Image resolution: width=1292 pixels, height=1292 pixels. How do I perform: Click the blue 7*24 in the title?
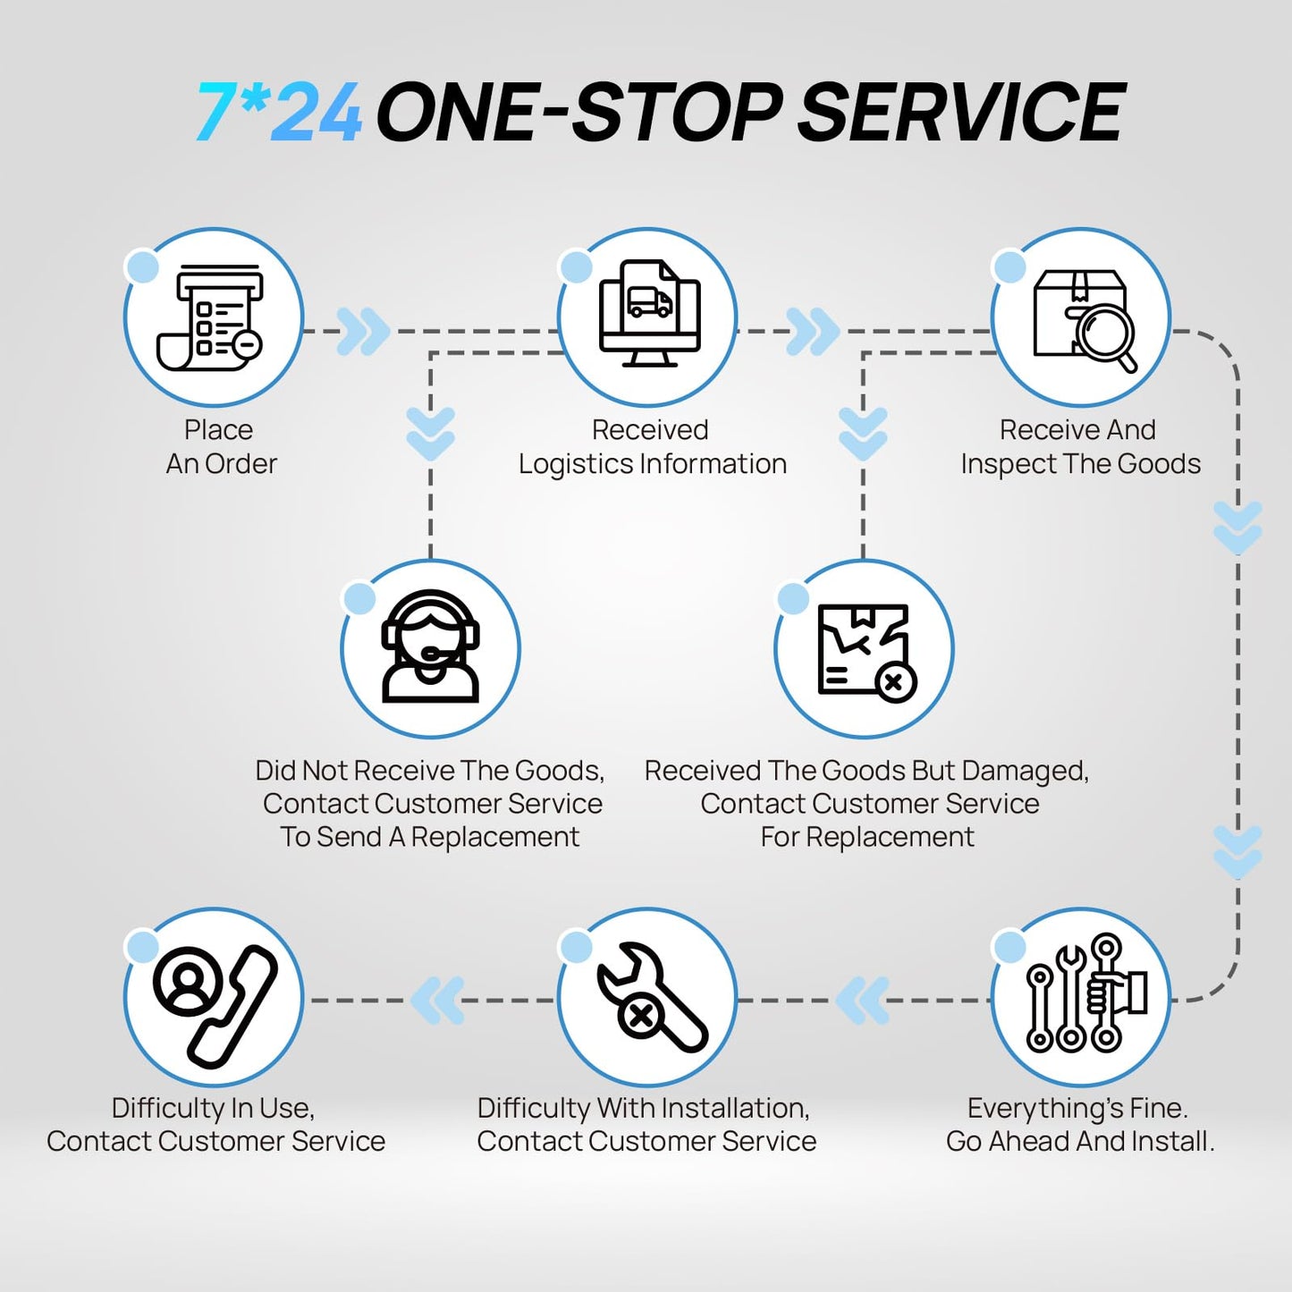coord(279,111)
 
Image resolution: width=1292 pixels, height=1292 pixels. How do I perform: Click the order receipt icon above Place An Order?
coord(210,317)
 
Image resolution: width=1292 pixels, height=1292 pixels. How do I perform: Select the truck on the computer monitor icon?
coord(649,301)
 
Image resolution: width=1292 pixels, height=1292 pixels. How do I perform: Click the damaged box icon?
coord(867,653)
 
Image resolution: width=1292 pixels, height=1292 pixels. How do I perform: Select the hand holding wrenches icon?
coord(1086,993)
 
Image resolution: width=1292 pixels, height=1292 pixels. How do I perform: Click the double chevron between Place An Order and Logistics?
coord(363,331)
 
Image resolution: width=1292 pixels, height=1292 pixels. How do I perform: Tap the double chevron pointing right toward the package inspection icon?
coord(813,331)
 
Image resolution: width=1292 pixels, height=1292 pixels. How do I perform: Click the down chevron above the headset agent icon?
coord(430,434)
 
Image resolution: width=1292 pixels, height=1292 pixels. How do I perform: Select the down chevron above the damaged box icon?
coord(863,434)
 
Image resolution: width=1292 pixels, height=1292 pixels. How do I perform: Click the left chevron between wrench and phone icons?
coord(437,1001)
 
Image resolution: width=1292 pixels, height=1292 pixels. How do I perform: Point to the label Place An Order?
coord(221,446)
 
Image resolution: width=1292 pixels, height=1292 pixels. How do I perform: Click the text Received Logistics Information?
coord(652,446)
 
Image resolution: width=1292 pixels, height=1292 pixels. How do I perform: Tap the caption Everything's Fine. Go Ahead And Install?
coord(1080,1125)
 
